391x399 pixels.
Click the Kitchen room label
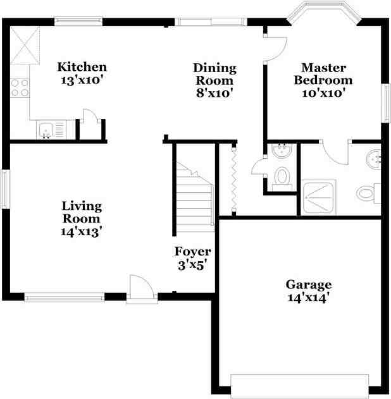82,67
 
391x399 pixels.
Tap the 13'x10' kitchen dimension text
82,80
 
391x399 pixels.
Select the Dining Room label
214,75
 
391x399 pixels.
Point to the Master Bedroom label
323,74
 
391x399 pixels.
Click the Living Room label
82,212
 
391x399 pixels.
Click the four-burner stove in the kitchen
20,88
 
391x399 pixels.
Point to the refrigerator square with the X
25,46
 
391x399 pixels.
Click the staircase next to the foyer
195,197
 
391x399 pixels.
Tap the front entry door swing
142,286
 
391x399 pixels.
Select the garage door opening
300,386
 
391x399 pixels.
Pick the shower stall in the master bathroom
318,198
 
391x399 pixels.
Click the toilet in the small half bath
282,178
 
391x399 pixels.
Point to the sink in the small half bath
282,150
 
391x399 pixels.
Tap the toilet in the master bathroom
368,193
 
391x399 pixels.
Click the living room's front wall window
65,297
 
